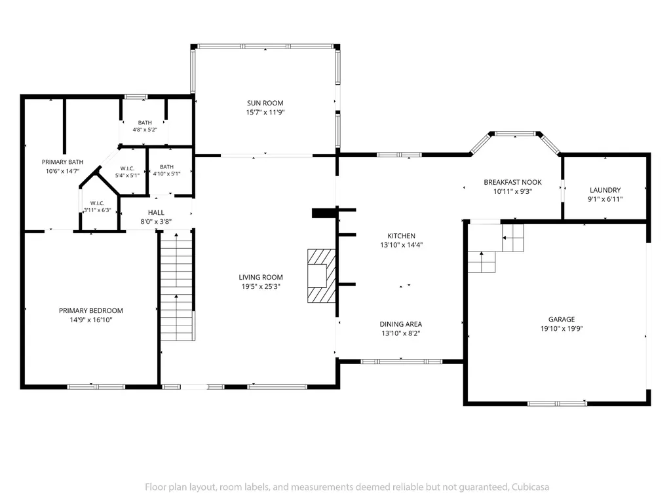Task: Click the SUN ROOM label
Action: [265, 103]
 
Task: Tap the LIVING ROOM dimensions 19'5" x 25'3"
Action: [261, 287]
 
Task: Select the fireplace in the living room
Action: [321, 276]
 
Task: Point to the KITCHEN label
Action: [401, 236]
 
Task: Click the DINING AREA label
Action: [400, 324]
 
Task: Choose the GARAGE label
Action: [562, 319]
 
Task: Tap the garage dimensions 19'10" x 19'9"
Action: [562, 329]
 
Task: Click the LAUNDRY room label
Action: [605, 190]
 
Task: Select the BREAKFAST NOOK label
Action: [512, 182]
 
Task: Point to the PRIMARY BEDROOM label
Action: [90, 310]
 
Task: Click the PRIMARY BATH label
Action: [62, 162]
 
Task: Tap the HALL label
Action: [156, 213]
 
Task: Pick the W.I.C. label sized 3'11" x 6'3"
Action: [97, 203]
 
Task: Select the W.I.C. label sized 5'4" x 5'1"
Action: [128, 168]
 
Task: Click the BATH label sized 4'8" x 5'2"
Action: [145, 122]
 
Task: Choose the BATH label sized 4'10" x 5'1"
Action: [167, 167]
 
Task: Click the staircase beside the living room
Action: [177, 285]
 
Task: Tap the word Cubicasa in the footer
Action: [530, 487]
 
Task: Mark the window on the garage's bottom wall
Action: [557, 403]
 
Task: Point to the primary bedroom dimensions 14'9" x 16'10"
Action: [90, 320]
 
